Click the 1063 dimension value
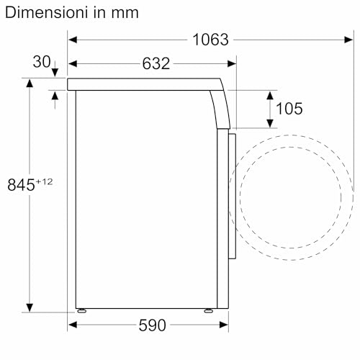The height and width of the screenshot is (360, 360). [x=210, y=40]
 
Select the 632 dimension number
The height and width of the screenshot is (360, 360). [x=156, y=63]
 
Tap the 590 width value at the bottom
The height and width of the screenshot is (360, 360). [x=152, y=325]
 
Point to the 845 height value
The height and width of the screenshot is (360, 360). [x=21, y=185]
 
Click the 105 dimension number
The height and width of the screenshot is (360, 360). [x=289, y=109]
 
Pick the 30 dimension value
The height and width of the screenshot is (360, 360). [x=42, y=62]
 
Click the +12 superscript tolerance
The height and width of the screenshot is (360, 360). [x=44, y=181]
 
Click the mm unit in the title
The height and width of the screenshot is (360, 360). [x=125, y=13]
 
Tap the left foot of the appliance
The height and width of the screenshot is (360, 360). [x=82, y=310]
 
